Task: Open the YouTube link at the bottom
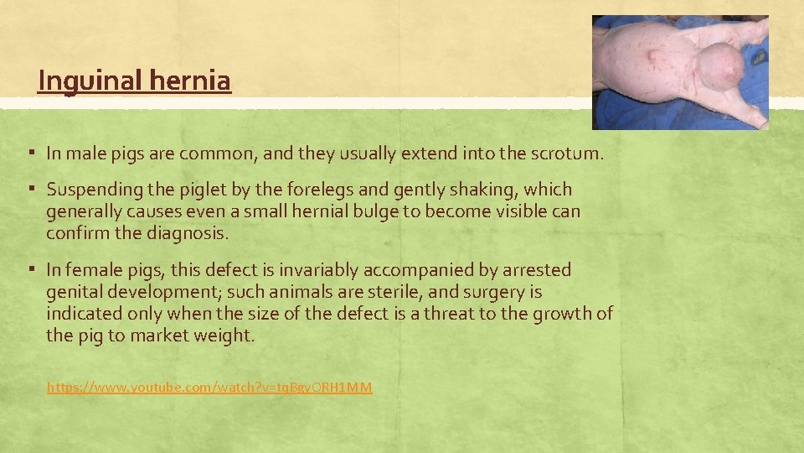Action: pos(209,387)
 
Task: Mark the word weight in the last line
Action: pos(225,336)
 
